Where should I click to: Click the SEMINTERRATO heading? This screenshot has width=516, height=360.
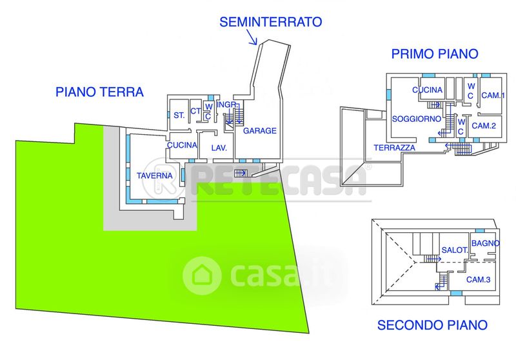270,22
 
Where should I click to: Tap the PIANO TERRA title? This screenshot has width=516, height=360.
99,92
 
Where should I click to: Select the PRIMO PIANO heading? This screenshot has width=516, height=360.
435,54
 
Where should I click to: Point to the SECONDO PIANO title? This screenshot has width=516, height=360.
432,325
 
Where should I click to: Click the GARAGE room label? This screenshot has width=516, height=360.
260,131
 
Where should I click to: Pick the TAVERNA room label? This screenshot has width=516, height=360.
154,175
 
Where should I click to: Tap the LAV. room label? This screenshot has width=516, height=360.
218,148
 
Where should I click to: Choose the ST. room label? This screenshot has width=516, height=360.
179,115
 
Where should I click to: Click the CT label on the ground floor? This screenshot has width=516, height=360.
195,111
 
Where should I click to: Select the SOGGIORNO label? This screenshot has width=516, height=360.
416,119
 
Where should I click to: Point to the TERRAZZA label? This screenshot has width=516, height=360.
394,148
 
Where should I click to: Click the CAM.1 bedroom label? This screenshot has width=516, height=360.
493,95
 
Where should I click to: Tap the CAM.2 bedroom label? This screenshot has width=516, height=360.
484,125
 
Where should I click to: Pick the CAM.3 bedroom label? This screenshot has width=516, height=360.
479,279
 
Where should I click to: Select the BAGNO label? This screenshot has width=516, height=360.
484,243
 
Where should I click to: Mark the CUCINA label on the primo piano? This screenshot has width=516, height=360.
427,90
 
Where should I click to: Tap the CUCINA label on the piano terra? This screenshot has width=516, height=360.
182,145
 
